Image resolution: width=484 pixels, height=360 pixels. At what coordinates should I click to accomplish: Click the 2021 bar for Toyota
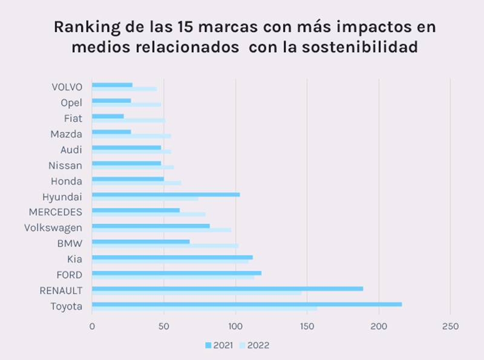point(247,304)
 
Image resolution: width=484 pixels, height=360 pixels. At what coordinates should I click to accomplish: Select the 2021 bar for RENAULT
point(227,289)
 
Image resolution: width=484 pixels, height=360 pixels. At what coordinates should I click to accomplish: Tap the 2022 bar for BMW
point(165,246)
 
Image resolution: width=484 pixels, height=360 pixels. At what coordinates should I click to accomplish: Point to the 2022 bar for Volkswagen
point(162,230)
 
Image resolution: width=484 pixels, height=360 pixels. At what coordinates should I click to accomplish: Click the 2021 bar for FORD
point(177,273)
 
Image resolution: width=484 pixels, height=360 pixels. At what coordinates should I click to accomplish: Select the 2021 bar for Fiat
point(108,116)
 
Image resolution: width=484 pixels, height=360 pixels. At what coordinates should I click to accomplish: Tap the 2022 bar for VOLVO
point(124,89)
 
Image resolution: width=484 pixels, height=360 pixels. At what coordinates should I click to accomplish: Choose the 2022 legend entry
point(254,345)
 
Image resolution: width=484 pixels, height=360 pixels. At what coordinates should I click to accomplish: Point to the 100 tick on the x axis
point(235,327)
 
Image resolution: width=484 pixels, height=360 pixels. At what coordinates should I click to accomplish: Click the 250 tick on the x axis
point(451,327)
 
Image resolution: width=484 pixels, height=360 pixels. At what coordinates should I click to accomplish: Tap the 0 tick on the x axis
point(92,327)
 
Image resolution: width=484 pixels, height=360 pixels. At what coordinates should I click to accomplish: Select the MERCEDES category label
point(56,212)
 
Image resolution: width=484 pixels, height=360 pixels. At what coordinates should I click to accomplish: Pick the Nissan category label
point(65,165)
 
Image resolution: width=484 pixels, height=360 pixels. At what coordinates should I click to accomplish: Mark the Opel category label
point(71,102)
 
